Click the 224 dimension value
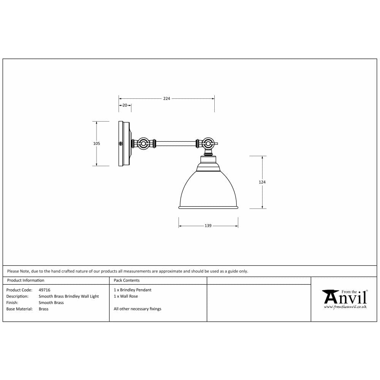pos(166,98)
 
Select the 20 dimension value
pos(125,105)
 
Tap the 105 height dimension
pos(97,143)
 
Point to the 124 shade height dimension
pos(262,182)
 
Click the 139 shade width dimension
pos(208,226)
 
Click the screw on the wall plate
pos(121,144)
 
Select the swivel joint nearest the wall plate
pos(144,144)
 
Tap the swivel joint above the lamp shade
pos(207,144)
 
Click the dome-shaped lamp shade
pos(208,190)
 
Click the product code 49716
pos(44,290)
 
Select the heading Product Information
pos(26,280)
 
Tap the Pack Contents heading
pos(127,280)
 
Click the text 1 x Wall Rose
pos(126,296)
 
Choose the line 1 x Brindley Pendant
pos(132,290)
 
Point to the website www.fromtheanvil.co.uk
pos(345,307)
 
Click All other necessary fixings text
pos(137,309)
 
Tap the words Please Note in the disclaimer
pos(18,271)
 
